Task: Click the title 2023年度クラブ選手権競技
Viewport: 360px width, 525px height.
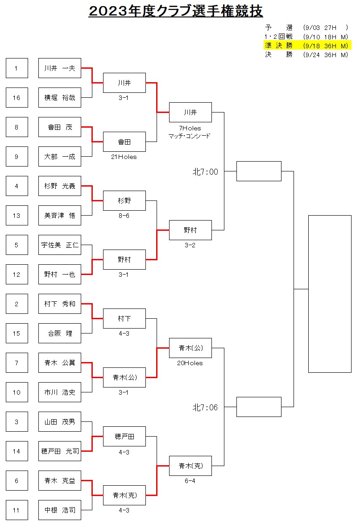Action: point(176,11)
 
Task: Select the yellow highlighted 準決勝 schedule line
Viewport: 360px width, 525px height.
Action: point(307,46)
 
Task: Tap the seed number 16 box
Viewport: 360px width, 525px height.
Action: point(17,98)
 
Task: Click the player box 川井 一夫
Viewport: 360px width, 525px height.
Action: point(60,68)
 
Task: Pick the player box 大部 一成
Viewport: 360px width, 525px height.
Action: point(60,157)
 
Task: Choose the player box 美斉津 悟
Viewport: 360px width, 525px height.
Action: point(60,216)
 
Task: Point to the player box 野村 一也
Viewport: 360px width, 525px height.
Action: point(60,275)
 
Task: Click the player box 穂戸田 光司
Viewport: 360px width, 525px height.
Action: point(60,451)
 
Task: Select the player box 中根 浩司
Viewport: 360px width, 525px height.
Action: point(60,510)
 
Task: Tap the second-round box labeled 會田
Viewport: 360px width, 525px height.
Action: point(124,142)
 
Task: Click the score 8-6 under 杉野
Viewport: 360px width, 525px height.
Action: point(124,216)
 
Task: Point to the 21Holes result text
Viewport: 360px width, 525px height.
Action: point(124,157)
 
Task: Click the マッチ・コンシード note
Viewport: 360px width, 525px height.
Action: point(189,136)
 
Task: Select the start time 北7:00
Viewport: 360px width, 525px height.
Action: point(205,172)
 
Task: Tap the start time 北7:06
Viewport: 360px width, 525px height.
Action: point(205,408)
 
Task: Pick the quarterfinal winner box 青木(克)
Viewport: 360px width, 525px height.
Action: point(190,466)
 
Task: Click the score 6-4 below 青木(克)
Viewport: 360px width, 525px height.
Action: point(190,481)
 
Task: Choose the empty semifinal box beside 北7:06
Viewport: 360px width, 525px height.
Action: point(259,407)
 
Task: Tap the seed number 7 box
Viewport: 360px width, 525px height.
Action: point(17,363)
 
